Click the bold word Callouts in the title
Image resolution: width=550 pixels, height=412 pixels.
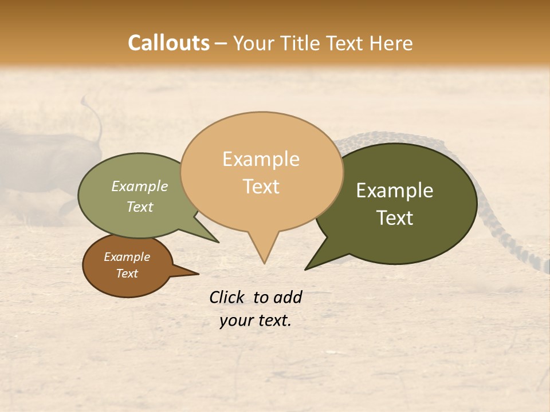pyautogui.click(x=168, y=43)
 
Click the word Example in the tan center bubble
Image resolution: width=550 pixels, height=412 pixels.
pyautogui.click(x=261, y=159)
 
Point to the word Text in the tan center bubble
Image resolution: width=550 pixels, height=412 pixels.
pyautogui.click(x=261, y=187)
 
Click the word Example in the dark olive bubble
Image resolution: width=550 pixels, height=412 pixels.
pyautogui.click(x=395, y=191)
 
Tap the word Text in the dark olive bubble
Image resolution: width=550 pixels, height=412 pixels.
pyautogui.click(x=395, y=218)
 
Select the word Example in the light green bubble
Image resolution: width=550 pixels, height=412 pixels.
pyautogui.click(x=140, y=187)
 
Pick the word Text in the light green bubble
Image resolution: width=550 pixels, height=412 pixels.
pyautogui.click(x=140, y=207)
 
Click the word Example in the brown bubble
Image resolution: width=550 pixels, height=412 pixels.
pyautogui.click(x=127, y=257)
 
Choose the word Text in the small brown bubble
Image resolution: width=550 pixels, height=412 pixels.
pyautogui.click(x=127, y=274)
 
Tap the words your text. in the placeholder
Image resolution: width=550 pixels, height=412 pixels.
pyautogui.click(x=255, y=320)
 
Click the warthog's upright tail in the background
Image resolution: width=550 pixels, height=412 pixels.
pyautogui.click(x=95, y=117)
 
